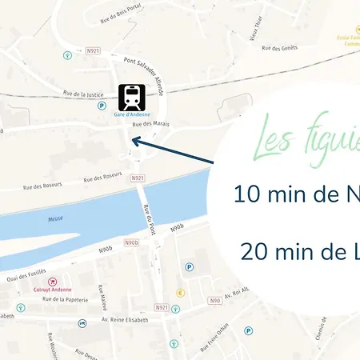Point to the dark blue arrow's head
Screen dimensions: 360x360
[x=134, y=141]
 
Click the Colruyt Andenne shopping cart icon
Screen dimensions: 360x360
[x=52, y=281]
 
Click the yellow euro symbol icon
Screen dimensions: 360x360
[x=181, y=293]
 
